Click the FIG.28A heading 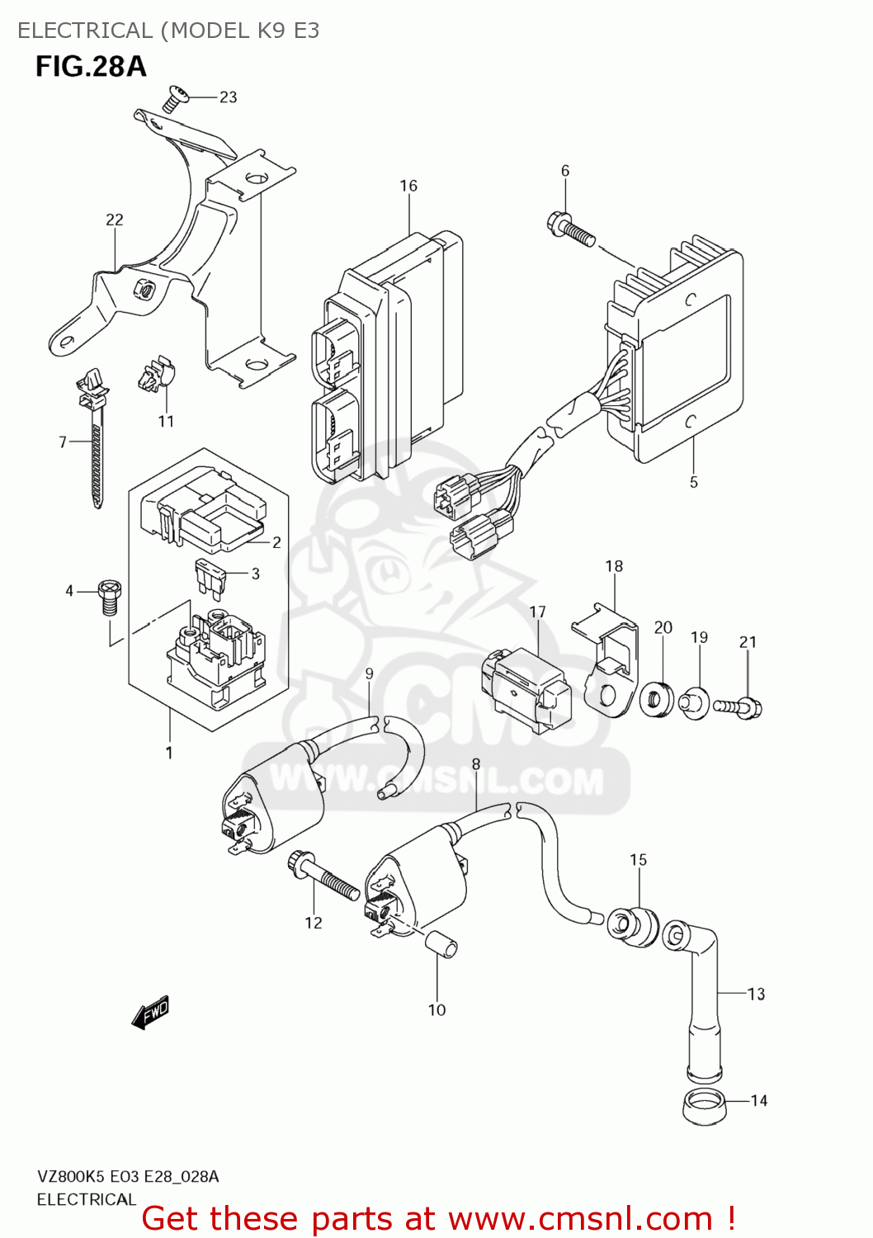[x=91, y=66]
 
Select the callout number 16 [x=408, y=186]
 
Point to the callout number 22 [x=115, y=220]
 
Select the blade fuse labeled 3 [x=212, y=578]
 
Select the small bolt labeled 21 [x=739, y=707]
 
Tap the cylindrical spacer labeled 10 [x=440, y=943]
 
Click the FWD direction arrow [x=150, y=1012]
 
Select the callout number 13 [x=756, y=995]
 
